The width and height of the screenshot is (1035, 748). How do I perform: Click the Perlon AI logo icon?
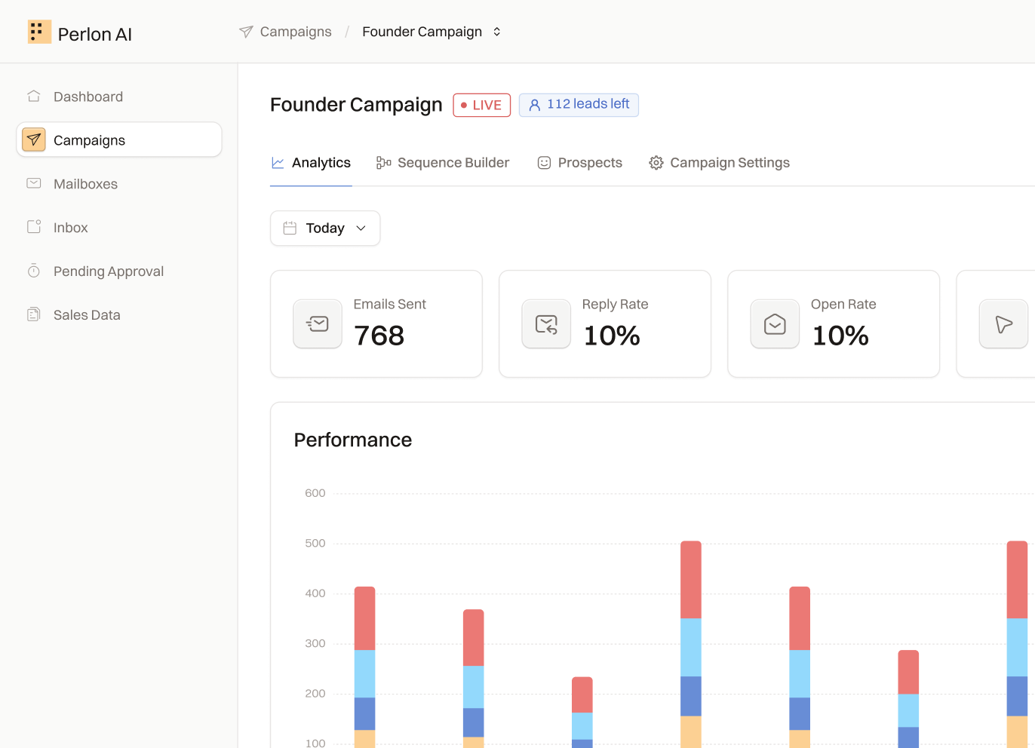click(x=39, y=32)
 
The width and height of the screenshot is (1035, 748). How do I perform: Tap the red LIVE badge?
click(x=481, y=105)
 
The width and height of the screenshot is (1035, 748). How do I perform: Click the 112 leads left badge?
click(x=579, y=105)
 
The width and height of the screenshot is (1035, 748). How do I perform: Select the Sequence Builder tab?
click(x=443, y=163)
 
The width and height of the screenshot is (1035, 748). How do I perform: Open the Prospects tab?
click(x=579, y=163)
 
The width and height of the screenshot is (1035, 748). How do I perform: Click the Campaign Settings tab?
click(x=719, y=163)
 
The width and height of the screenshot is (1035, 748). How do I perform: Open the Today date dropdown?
click(x=325, y=228)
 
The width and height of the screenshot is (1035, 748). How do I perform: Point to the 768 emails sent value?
click(x=379, y=336)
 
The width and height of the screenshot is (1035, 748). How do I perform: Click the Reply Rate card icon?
click(x=546, y=323)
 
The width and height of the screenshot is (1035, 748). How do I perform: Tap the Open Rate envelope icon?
click(x=775, y=323)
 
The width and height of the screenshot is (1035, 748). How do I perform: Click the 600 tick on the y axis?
click(x=315, y=493)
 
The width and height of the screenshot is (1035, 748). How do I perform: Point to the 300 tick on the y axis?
click(x=315, y=643)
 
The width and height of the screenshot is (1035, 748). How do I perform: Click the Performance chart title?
click(x=352, y=440)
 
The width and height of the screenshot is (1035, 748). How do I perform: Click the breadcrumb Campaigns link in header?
click(x=296, y=32)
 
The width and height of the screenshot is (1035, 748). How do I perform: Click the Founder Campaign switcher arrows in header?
click(x=496, y=32)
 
